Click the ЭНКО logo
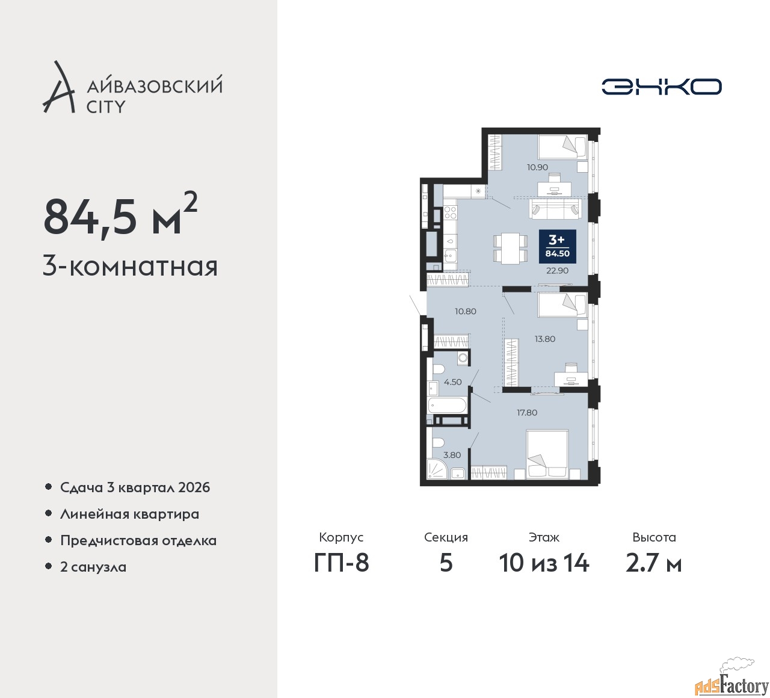coord(661,87)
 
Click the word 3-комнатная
coord(130,267)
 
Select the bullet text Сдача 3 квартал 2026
coord(135,487)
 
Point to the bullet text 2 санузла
coord(93,567)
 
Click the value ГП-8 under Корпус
coord(341,563)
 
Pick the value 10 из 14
coord(544,563)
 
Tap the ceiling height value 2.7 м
coord(654,563)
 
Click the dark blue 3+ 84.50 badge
coord(558,247)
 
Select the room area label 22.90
coord(558,271)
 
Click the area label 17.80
coord(527,413)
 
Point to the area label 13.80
coord(545,339)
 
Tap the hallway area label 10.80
coord(466,311)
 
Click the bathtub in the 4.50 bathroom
coord(447,406)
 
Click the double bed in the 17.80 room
coord(547,454)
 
